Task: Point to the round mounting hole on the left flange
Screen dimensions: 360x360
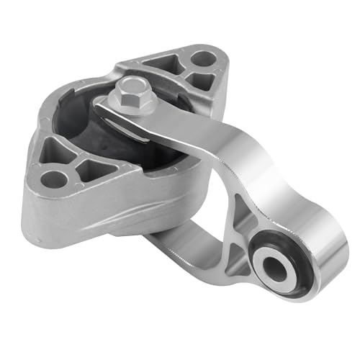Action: (x=51, y=176)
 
